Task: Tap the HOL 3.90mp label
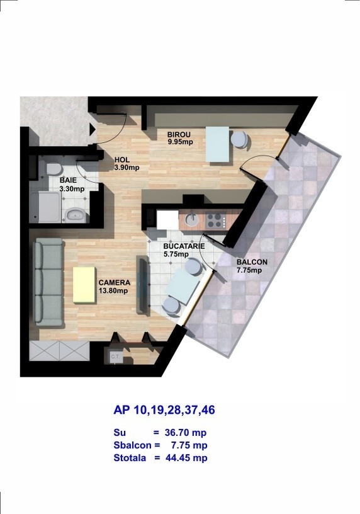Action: pyautogui.click(x=127, y=164)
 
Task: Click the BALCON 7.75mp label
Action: pyautogui.click(x=252, y=266)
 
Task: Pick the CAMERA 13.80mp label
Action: pyautogui.click(x=115, y=286)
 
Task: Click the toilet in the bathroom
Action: pyautogui.click(x=53, y=168)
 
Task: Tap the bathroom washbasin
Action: pyautogui.click(x=76, y=215)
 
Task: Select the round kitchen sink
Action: pyautogui.click(x=192, y=220)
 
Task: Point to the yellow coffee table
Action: pyautogui.click(x=84, y=285)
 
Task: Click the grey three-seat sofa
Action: pyautogui.click(x=49, y=282)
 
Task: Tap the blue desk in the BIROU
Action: pyautogui.click(x=218, y=144)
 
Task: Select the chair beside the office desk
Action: pyautogui.click(x=239, y=140)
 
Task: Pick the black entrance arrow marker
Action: pyautogui.click(x=93, y=129)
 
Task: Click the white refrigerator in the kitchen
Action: pyautogui.click(x=167, y=220)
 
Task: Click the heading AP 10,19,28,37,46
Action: pyautogui.click(x=164, y=410)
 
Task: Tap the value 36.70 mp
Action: pyautogui.click(x=186, y=433)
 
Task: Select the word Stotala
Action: pyautogui.click(x=130, y=457)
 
